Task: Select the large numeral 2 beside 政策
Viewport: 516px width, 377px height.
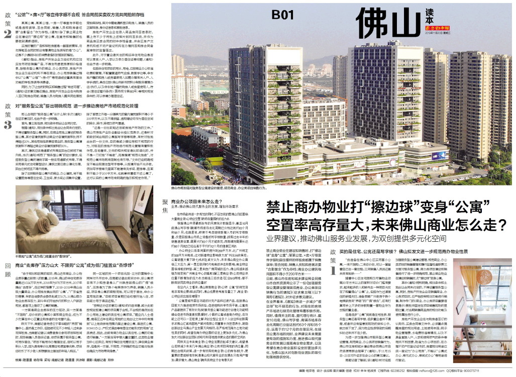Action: point(8,34)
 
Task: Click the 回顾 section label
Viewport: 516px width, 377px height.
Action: point(8,270)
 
